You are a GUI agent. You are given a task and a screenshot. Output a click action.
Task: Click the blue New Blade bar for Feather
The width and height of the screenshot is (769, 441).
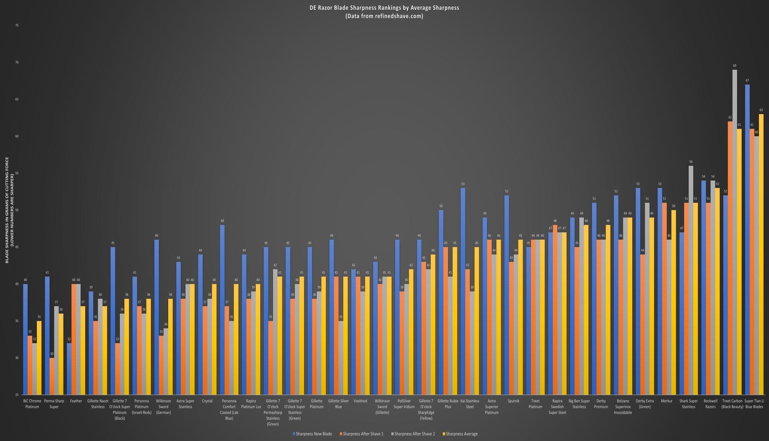69,369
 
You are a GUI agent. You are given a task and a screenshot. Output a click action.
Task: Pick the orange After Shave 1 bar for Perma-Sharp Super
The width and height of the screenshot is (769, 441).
52,376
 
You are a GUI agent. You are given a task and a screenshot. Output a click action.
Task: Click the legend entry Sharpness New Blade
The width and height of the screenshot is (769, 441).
312,434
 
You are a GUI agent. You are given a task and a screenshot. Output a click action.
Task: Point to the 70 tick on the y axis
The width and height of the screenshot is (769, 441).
17,62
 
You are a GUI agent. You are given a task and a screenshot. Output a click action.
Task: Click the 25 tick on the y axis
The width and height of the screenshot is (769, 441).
17,395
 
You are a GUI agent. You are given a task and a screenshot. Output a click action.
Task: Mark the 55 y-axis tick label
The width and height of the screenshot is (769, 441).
17,173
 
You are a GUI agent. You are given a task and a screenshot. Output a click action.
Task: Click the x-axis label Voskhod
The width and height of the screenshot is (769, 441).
360,401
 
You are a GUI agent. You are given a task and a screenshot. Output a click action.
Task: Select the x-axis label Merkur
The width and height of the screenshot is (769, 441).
666,401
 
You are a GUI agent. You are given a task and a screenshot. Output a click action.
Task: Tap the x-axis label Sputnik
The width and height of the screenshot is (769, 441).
513,401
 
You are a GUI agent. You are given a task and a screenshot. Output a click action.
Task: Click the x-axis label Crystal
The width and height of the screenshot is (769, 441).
207,401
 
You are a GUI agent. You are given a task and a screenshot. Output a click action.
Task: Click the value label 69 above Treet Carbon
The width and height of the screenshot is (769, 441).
734,66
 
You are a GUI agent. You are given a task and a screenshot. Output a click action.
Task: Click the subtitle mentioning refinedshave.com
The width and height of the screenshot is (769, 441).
384,16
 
